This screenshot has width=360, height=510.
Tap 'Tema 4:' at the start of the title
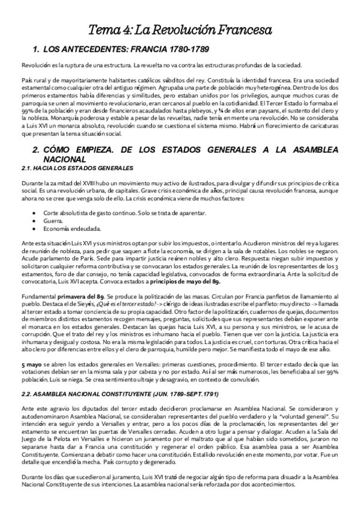click(109, 29)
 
